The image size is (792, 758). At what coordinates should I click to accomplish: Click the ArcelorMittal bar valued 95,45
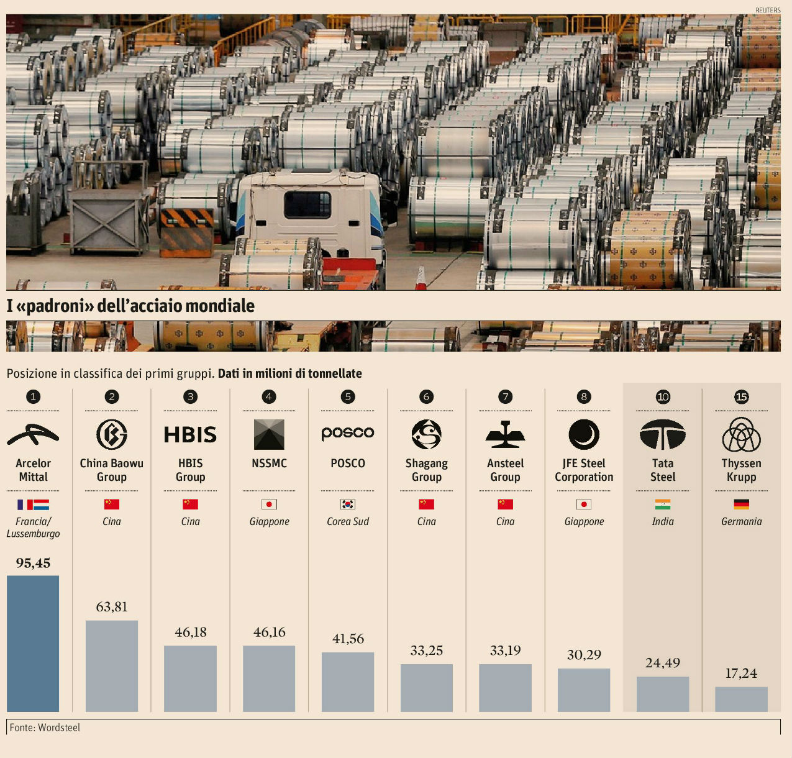pyautogui.click(x=33, y=643)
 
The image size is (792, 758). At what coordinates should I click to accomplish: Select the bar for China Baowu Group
pyautogui.click(x=112, y=665)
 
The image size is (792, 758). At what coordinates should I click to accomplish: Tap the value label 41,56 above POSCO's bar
pyautogui.click(x=348, y=639)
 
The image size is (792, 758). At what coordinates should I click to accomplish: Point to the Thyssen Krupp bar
pyautogui.click(x=741, y=699)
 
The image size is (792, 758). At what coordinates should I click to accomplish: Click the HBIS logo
pyautogui.click(x=190, y=434)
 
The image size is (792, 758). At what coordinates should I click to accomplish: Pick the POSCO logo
pyautogui.click(x=348, y=433)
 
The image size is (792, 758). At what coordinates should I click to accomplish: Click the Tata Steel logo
pyautogui.click(x=663, y=434)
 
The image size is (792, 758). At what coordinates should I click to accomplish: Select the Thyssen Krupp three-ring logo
pyautogui.click(x=741, y=434)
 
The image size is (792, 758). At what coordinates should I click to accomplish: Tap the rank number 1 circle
pyautogui.click(x=33, y=396)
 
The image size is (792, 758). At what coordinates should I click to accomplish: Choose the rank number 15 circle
pyautogui.click(x=741, y=396)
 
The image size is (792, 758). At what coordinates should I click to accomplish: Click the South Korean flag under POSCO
pyautogui.click(x=348, y=504)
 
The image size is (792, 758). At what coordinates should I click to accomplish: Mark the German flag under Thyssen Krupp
pyautogui.click(x=741, y=504)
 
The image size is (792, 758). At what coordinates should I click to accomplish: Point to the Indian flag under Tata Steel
pyautogui.click(x=663, y=504)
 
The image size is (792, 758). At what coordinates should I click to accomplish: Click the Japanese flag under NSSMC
pyautogui.click(x=269, y=504)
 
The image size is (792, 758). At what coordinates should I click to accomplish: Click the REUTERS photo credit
pyautogui.click(x=768, y=10)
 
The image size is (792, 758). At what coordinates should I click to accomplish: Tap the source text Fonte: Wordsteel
pyautogui.click(x=45, y=728)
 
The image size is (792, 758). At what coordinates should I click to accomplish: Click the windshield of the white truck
pyautogui.click(x=307, y=204)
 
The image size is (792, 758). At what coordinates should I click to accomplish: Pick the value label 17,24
pyautogui.click(x=741, y=673)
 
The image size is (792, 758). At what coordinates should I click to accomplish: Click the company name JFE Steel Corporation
pyautogui.click(x=584, y=470)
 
